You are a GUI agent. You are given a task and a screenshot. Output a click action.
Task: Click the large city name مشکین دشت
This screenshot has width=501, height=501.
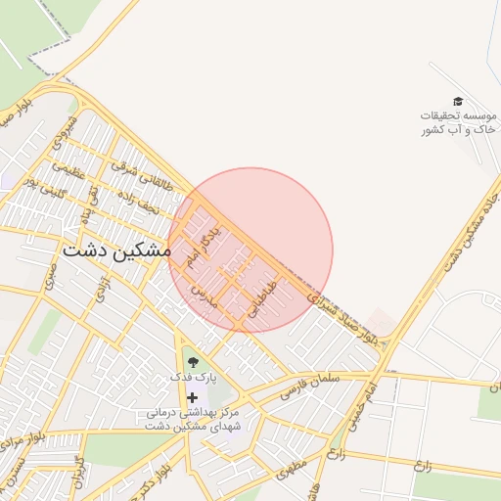pos(116,250)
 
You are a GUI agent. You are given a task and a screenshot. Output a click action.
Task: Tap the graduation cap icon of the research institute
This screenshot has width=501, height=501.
pos(457,101)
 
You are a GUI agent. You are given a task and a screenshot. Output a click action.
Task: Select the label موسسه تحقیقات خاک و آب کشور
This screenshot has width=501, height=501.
pos(457,122)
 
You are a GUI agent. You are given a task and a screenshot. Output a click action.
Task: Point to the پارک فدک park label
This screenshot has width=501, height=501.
pos(192,376)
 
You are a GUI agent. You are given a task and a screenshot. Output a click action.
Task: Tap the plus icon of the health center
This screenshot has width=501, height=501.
pos(192,397)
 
